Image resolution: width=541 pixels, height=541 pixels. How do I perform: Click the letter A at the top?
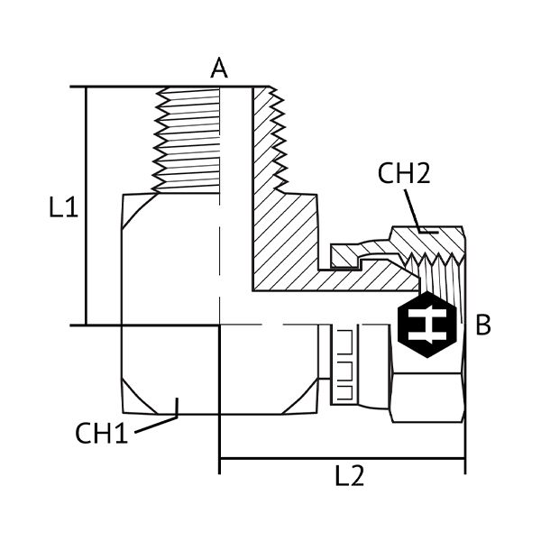click(218, 68)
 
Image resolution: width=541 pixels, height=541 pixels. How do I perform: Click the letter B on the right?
click(483, 325)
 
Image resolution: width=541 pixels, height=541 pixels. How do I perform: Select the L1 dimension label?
click(63, 209)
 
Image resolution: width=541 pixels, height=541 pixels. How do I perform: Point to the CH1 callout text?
click(101, 434)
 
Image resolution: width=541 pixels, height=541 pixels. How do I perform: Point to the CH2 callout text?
click(403, 174)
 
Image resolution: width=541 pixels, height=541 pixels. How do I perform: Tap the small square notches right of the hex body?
click(343, 365)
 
